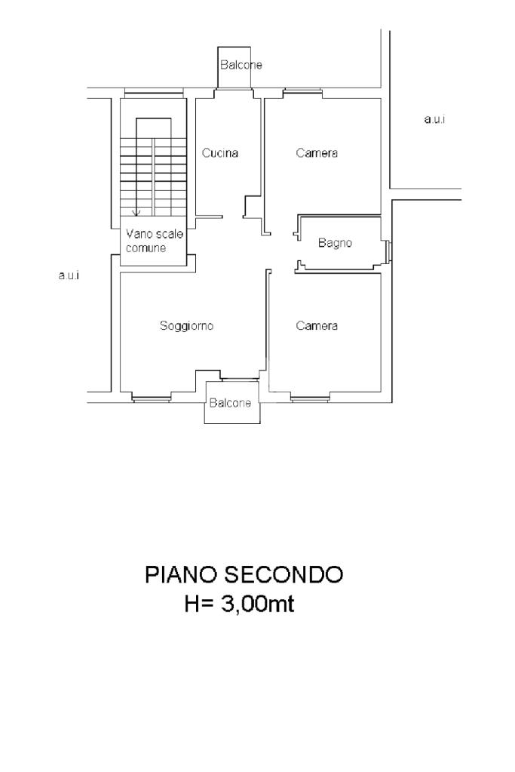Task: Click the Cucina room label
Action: pos(220,153)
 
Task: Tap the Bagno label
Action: pos(335,243)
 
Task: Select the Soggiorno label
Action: pos(186,326)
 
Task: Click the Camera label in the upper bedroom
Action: pos(317,153)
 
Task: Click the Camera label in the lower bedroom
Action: pos(317,326)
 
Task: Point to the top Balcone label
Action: pos(241,64)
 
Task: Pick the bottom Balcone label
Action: pos(230,403)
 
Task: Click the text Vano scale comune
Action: pos(154,240)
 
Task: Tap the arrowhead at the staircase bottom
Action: pos(136,213)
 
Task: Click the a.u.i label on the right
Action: pos(435,119)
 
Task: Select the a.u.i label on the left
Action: pos(69,275)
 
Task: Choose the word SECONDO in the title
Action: pos(284,574)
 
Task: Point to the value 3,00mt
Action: pos(257,604)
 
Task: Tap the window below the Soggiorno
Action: pos(152,398)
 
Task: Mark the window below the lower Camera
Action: pos(311,398)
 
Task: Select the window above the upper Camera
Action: pos(302,91)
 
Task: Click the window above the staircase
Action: pos(154,91)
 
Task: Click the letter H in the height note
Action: pos(192,604)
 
